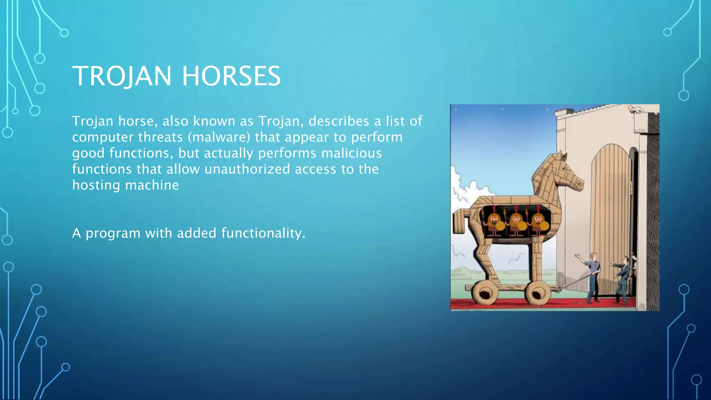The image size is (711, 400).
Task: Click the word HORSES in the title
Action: (231, 76)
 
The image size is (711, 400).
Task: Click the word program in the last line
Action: (113, 233)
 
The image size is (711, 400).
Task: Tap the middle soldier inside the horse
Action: (516, 223)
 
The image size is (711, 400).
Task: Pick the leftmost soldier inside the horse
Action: (494, 223)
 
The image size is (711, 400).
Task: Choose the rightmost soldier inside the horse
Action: (538, 223)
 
